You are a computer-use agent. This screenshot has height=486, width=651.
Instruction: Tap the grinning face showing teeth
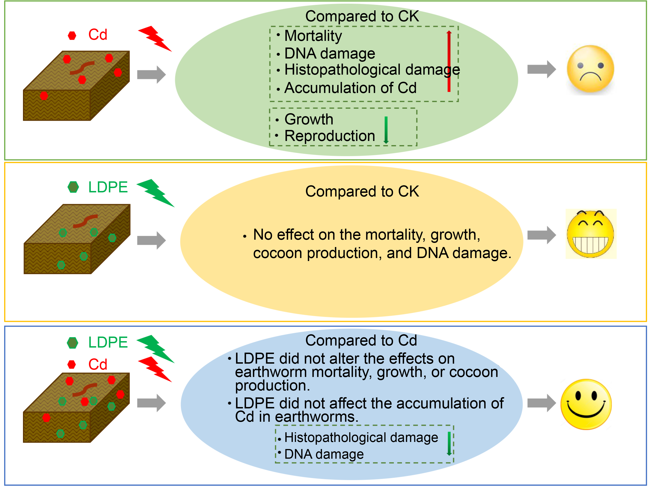590,234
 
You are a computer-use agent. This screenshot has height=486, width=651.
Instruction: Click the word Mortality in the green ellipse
313,36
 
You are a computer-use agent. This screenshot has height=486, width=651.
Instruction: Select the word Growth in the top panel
309,119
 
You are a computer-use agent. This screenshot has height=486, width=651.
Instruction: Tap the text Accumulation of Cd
350,88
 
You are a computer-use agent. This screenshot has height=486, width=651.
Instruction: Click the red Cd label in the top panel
98,35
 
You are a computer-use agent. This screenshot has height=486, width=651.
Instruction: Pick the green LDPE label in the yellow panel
108,187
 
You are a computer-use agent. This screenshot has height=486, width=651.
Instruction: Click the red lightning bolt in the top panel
155,39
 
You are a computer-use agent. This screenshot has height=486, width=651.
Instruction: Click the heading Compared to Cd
361,340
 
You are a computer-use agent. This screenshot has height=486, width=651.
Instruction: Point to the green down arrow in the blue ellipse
449,444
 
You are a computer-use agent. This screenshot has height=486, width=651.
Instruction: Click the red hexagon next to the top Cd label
72,36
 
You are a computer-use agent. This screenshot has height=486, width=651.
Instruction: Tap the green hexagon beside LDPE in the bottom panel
72,343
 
